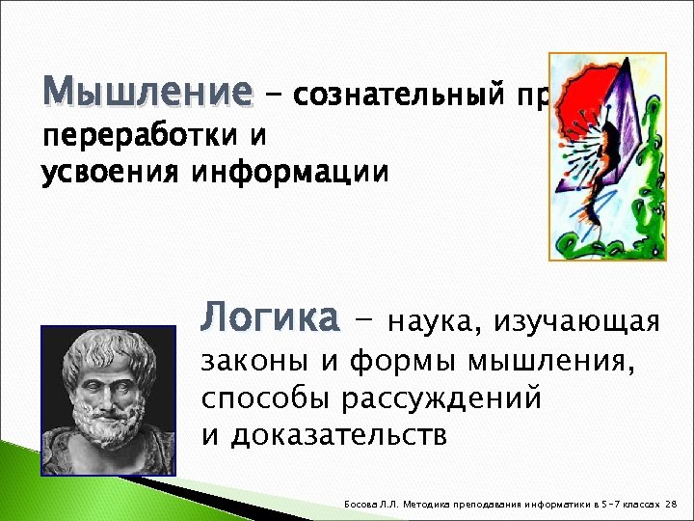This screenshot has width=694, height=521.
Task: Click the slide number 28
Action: click(x=672, y=504)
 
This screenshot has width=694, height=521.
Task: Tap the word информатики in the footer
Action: click(x=563, y=504)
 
